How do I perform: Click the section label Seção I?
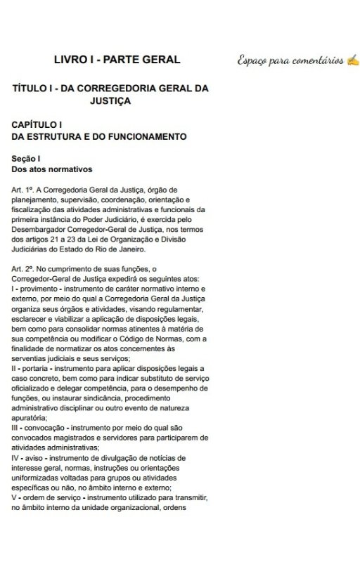click(x=26, y=159)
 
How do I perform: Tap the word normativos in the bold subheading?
click(x=70, y=169)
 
